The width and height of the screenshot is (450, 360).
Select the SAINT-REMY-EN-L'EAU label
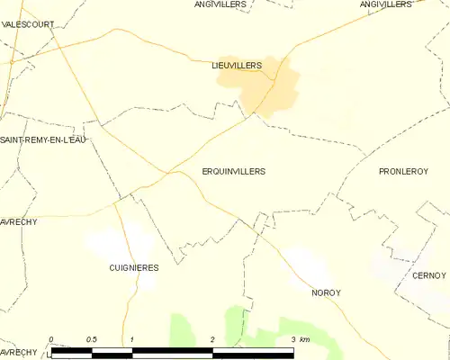tap(42, 139)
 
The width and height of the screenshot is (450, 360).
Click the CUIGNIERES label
tap(134, 267)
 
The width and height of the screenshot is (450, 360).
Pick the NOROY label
tap(327, 292)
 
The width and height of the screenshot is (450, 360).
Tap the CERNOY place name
tap(430, 275)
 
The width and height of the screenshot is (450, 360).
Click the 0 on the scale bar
tap(51, 339)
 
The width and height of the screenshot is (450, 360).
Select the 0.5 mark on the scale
tap(92, 339)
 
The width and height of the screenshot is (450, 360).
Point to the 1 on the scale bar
tap(132, 339)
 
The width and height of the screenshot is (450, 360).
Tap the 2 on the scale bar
tap(212, 339)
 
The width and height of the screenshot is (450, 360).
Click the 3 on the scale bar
tap(292, 339)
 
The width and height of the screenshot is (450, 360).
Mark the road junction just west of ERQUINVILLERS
tap(167, 171)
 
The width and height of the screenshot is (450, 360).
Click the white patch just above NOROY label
tap(310, 265)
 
